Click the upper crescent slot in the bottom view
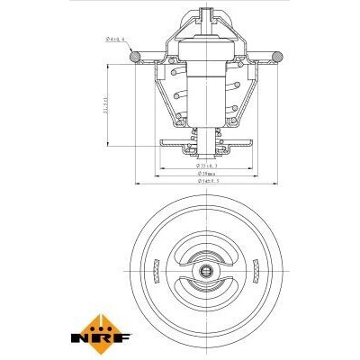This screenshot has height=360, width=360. pos(207,251)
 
